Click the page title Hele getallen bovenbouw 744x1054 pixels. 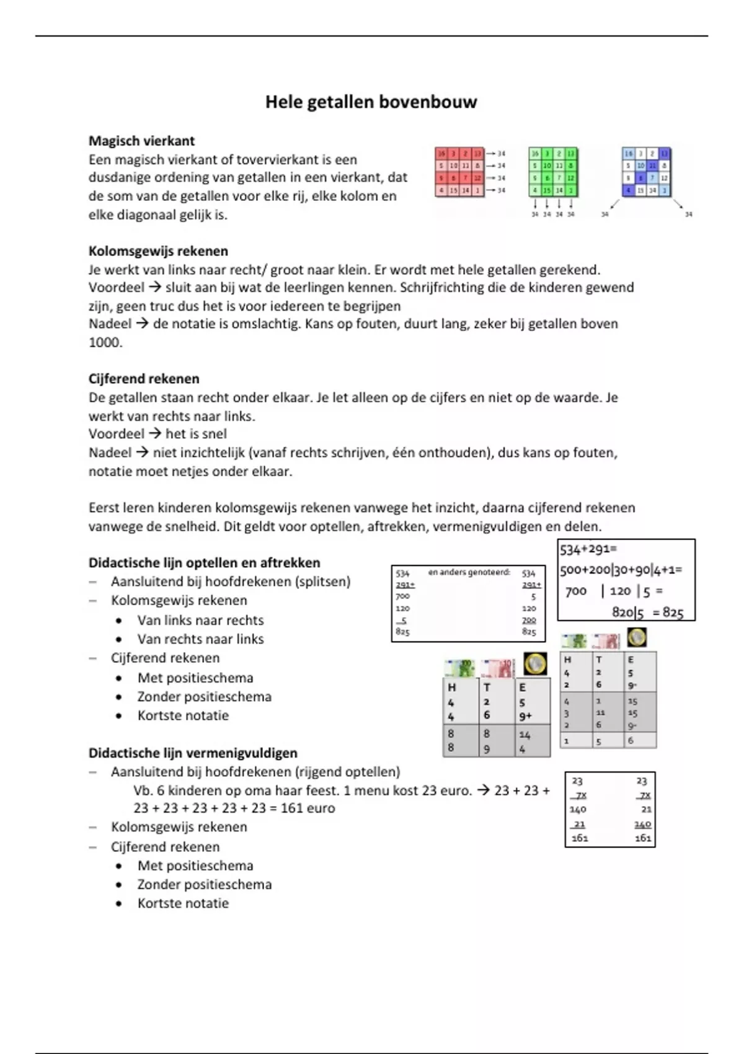click(x=371, y=102)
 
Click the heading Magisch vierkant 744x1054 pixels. click(x=141, y=141)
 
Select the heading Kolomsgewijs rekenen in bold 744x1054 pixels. click(x=158, y=251)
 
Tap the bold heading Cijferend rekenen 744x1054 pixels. click(x=144, y=379)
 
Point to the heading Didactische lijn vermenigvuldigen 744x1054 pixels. click(x=193, y=753)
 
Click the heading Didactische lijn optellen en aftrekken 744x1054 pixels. click(x=204, y=563)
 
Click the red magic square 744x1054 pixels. click(x=459, y=172)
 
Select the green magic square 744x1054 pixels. click(x=552, y=172)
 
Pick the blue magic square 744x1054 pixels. click(x=646, y=172)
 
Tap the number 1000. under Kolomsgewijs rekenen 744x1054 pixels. click(x=105, y=342)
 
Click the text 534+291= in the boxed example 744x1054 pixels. click(x=588, y=549)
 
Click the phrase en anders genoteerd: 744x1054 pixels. click(x=469, y=572)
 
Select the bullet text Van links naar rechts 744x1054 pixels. click(x=200, y=620)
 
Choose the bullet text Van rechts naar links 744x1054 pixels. click(x=200, y=639)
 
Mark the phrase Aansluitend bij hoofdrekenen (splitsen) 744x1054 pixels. click(x=231, y=582)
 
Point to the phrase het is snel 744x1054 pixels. click(x=196, y=434)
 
